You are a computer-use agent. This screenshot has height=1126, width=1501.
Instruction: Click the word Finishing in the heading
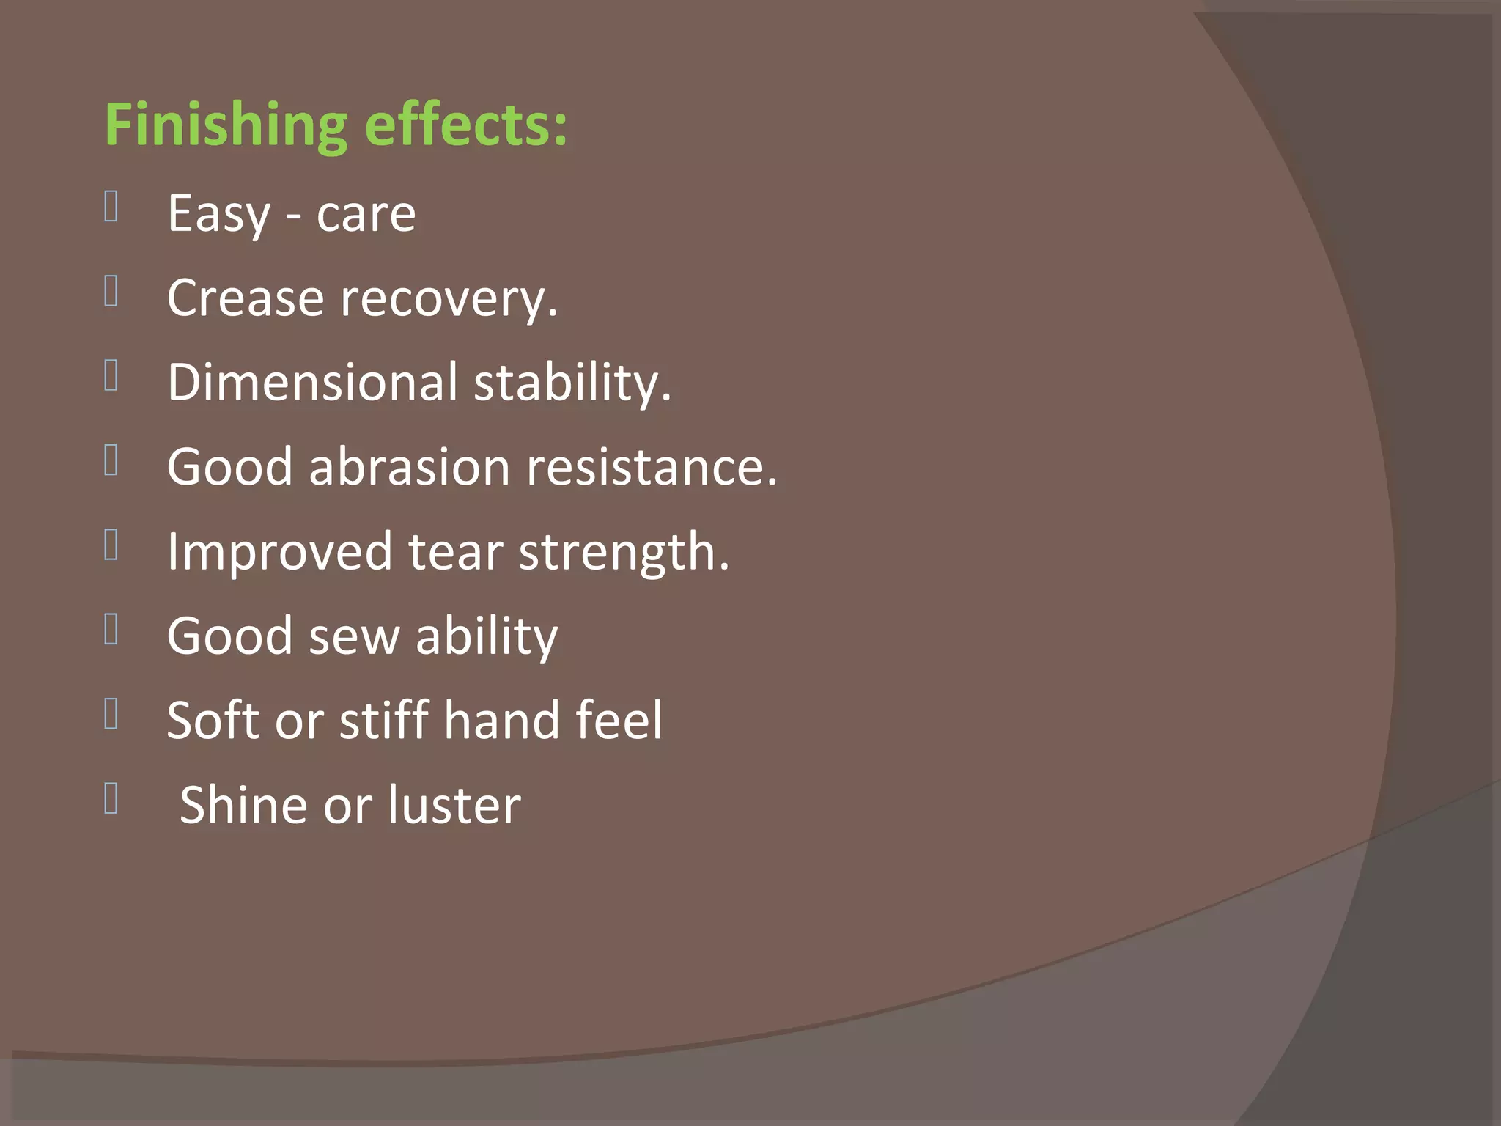click(x=226, y=125)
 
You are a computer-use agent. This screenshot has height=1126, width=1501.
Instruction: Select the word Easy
click(x=218, y=214)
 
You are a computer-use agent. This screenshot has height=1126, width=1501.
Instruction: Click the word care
click(x=366, y=214)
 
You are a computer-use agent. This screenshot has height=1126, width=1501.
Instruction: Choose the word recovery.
click(x=449, y=299)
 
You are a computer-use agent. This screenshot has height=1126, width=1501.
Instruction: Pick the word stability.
click(x=572, y=383)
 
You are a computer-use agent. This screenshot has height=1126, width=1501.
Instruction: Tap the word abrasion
click(x=409, y=466)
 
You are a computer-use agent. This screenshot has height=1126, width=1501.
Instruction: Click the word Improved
click(x=279, y=551)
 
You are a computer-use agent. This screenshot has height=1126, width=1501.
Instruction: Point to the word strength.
click(x=624, y=551)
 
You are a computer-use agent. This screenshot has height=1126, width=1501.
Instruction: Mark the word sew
click(x=354, y=636)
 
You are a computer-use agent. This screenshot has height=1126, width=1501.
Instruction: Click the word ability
click(x=487, y=636)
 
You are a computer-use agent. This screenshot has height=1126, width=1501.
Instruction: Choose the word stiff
click(x=384, y=720)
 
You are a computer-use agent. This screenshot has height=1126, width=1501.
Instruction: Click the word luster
click(x=454, y=805)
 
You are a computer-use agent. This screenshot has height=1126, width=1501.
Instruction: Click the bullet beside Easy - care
click(x=111, y=206)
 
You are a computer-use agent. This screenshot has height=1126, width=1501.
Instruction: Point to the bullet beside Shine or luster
click(x=111, y=798)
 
